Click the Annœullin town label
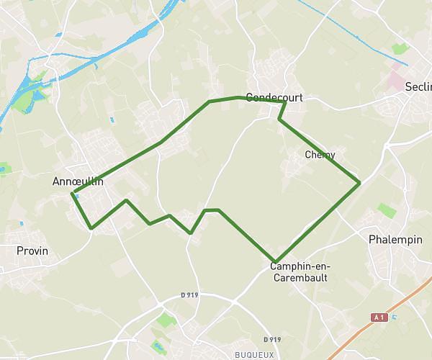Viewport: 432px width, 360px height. click(x=78, y=181)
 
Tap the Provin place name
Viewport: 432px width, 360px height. click(x=32, y=251)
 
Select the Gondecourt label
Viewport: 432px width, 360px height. click(x=273, y=96)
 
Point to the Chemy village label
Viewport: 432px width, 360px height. click(x=320, y=155)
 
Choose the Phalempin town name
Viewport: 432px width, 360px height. click(x=395, y=239)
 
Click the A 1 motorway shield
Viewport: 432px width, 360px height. click(x=379, y=317)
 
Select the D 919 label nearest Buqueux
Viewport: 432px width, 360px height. click(x=271, y=339)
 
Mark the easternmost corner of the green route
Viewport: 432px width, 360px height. click(x=359, y=183)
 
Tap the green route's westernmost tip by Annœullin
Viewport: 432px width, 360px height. click(x=73, y=192)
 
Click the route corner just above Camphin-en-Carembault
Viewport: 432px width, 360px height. click(x=275, y=261)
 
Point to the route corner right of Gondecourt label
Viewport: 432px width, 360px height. click(x=285, y=102)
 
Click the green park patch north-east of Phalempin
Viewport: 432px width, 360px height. click(x=387, y=210)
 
